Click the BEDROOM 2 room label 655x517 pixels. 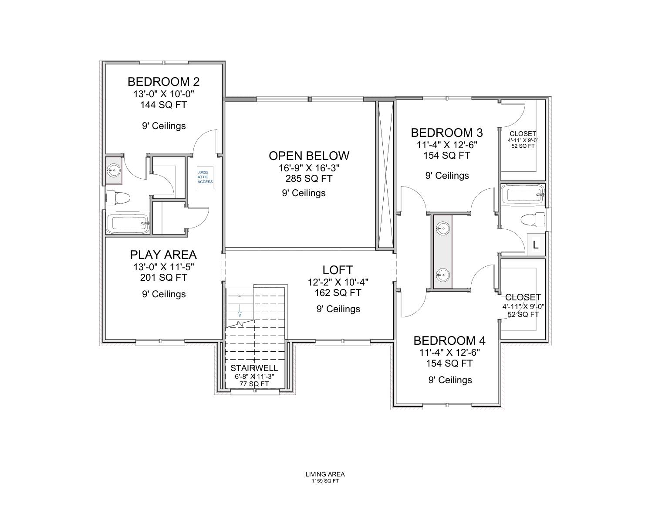tap(163, 82)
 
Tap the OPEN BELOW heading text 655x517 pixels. tap(309, 156)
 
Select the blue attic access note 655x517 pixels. tap(205, 177)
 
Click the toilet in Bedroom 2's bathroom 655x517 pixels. tap(119, 198)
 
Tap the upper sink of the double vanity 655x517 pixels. tap(443, 228)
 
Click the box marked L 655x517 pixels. tap(536, 245)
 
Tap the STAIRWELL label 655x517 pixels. tap(254, 368)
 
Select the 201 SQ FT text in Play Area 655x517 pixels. tap(163, 277)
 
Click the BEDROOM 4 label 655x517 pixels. tap(449, 340)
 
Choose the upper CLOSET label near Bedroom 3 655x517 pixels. tap(523, 134)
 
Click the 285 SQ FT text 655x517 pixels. tap(309, 178)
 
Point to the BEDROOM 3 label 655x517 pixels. tap(447, 133)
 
